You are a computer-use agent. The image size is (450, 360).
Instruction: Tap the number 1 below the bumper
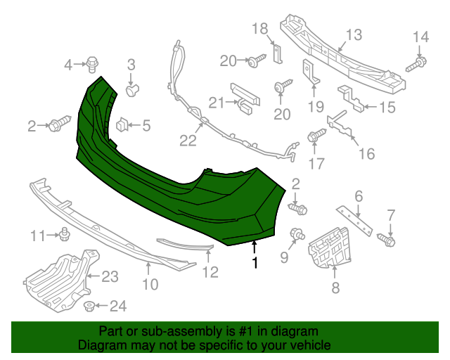point(255,263)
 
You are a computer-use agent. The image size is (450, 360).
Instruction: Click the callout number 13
point(353,34)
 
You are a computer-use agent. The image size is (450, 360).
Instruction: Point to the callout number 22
point(187,141)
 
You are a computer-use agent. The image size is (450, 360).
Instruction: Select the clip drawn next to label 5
point(122,125)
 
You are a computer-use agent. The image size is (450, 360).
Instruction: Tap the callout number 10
point(150,284)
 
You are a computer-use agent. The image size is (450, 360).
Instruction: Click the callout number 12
point(211,272)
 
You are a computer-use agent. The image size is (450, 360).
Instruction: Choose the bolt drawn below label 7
point(390,241)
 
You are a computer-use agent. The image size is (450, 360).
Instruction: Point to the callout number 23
point(110,277)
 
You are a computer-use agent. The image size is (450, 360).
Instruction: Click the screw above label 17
point(315,136)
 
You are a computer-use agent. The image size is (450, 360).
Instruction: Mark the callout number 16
point(366,153)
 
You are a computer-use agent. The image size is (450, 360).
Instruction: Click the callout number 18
point(260,28)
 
